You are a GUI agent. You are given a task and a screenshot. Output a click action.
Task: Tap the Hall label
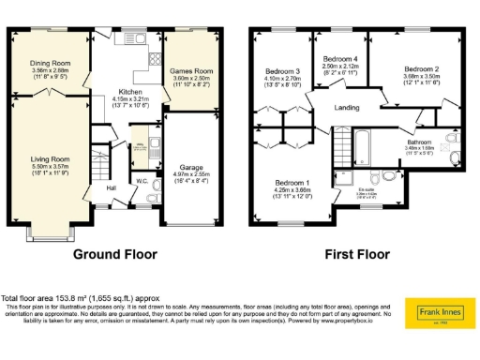point(111,188)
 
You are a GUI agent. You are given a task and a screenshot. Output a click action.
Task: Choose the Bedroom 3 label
point(281,71)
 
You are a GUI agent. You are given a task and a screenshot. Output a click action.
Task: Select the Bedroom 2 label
point(422,69)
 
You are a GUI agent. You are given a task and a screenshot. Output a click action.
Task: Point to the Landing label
point(348,108)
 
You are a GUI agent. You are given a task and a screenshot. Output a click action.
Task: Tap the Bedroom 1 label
point(292,182)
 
